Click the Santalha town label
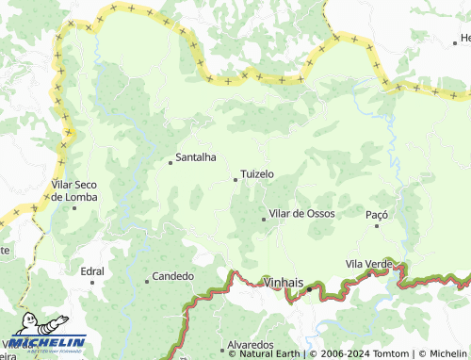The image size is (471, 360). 196,158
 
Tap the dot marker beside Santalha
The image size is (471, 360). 171,162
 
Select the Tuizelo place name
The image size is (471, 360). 257,174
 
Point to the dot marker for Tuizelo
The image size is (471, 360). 235,179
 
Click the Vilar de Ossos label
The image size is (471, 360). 301,214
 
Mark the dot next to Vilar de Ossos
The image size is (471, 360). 264,219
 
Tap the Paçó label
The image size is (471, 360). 377,215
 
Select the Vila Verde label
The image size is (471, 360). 368,265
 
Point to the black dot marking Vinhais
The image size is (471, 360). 308,289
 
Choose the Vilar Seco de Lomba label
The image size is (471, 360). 75,190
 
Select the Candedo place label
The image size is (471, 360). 173,276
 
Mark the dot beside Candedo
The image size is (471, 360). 147,281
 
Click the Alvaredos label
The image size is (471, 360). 252,345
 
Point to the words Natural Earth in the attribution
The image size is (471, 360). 272,354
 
